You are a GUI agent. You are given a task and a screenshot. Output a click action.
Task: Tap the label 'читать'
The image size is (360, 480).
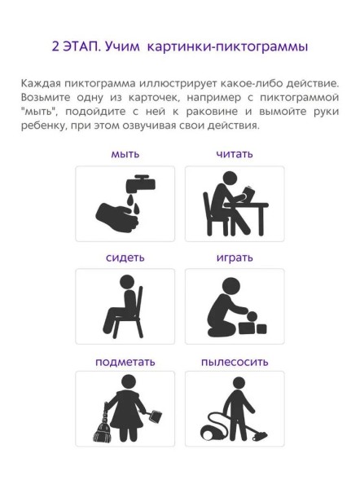coord(235,154)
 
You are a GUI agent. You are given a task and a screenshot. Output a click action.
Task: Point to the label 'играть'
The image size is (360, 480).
coord(235,258)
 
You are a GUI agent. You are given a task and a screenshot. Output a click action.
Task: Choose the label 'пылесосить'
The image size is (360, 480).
coord(235,361)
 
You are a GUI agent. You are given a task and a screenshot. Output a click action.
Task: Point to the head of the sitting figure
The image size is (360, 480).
coord(127,283)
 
